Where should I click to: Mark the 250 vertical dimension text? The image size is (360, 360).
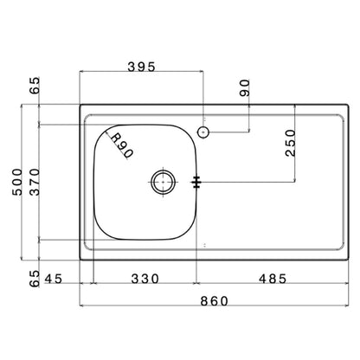coord(291,143)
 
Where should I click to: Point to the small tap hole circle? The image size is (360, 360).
coord(203,132)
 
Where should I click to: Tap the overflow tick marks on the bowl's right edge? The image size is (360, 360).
coord(197,182)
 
